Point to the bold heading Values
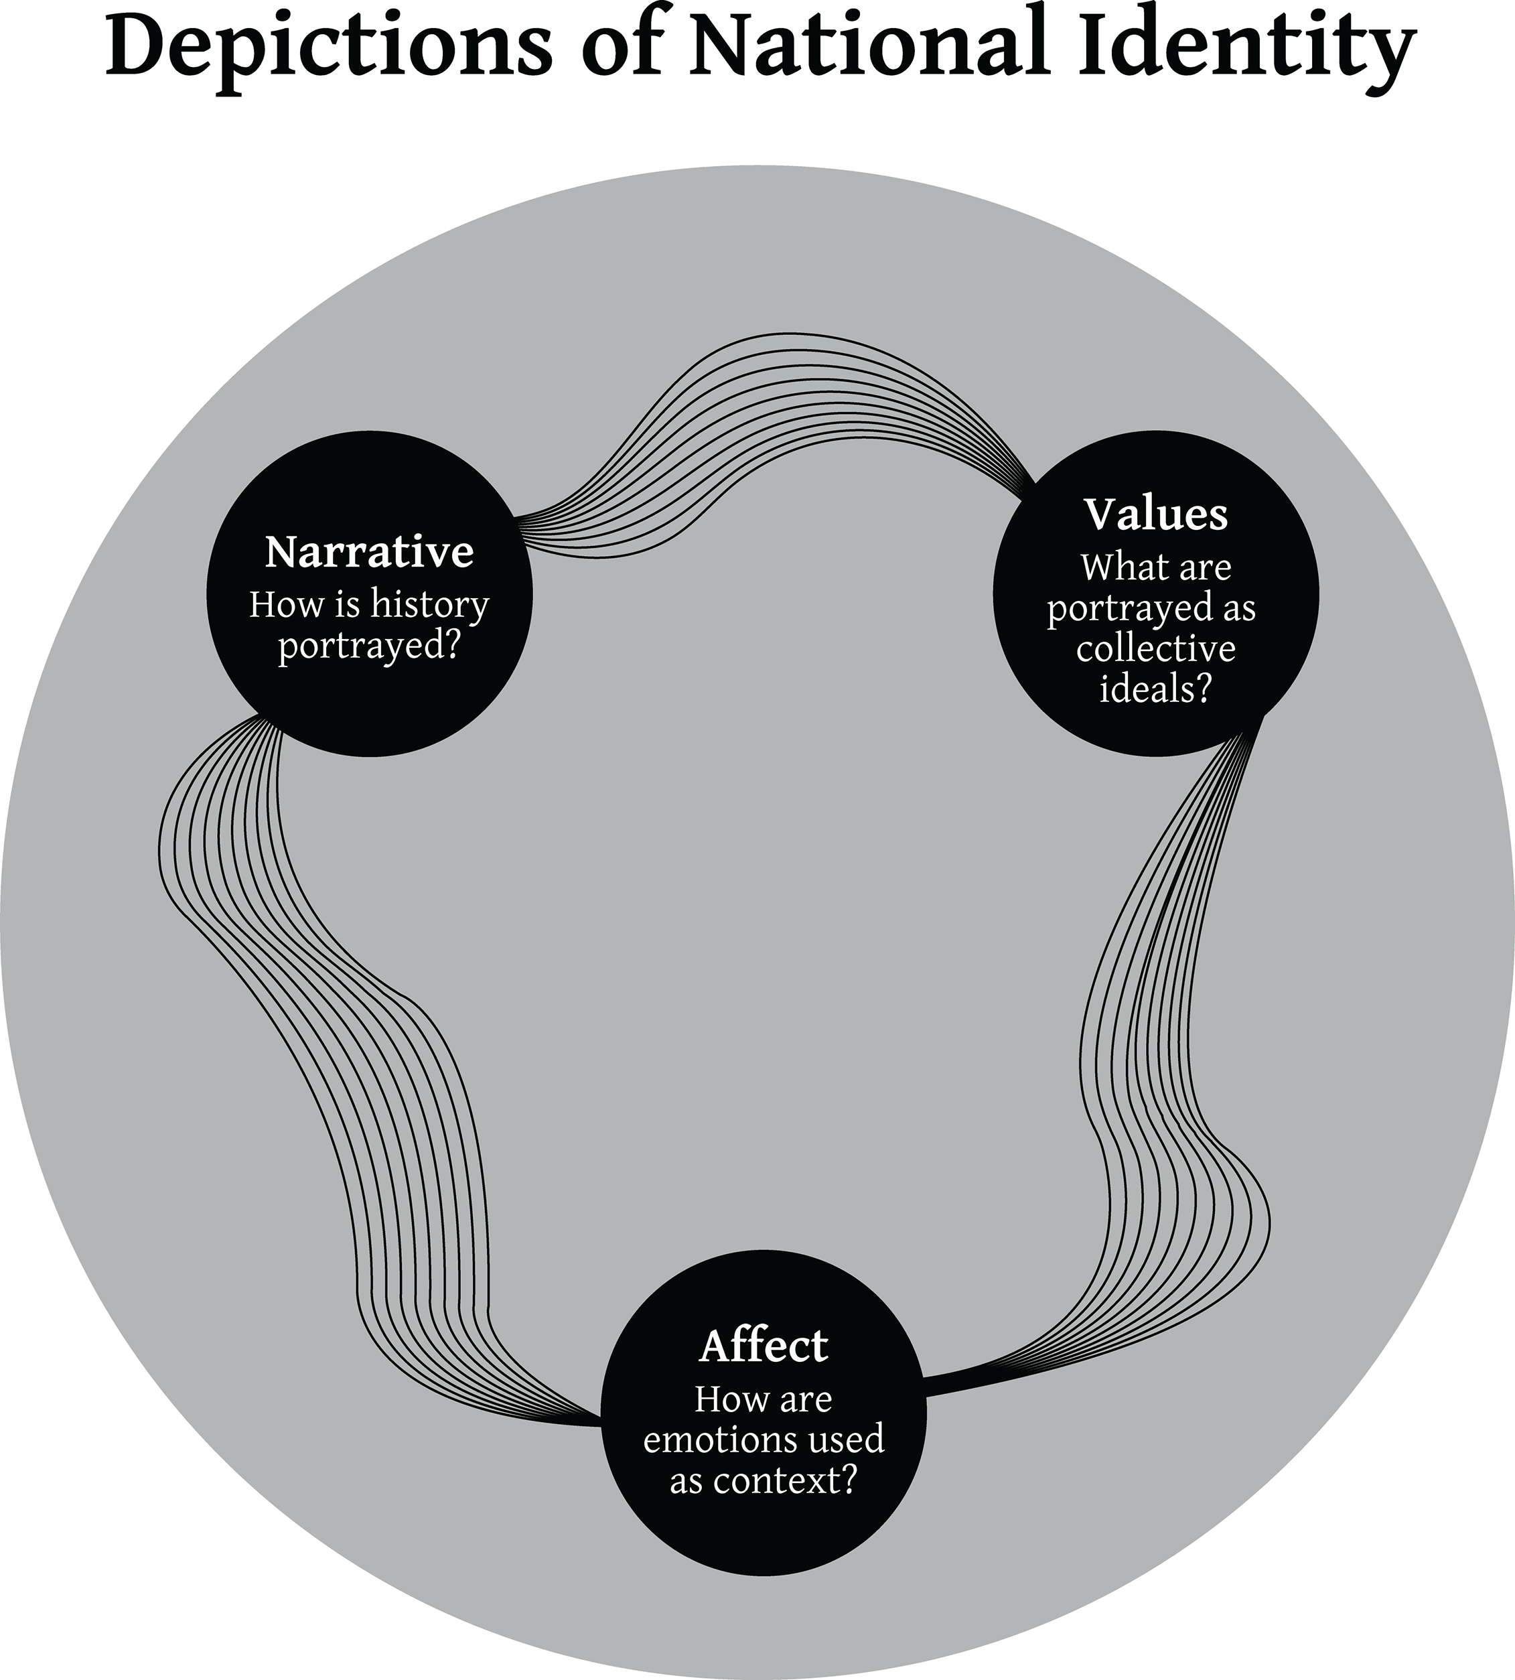[1155, 514]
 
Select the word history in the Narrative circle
[429, 606]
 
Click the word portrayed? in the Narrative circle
[369, 645]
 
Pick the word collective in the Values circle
[1155, 648]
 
